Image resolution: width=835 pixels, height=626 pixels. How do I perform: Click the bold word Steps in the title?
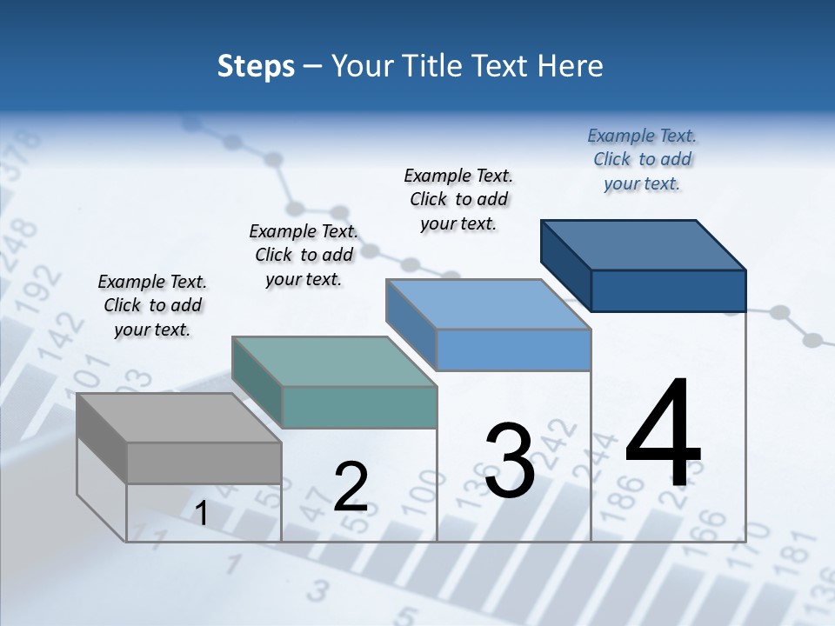point(256,66)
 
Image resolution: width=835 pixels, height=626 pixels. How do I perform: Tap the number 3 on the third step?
point(510,461)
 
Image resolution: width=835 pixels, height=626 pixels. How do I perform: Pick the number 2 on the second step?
point(351,487)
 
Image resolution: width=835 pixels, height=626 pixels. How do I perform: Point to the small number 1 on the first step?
point(201,514)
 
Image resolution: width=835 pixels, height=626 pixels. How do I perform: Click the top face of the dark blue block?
point(644,245)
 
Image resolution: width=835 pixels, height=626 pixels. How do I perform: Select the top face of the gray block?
point(178,418)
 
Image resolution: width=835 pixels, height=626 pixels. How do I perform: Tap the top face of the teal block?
point(334,362)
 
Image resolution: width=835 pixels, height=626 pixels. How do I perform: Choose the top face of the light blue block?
point(489,304)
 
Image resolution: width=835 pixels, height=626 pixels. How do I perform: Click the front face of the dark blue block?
point(668,290)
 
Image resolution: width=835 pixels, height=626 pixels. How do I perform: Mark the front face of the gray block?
point(204,463)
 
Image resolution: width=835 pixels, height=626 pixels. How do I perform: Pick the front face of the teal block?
point(359,407)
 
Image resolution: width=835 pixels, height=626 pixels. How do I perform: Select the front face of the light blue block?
point(513,350)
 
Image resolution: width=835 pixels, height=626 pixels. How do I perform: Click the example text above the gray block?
point(152,305)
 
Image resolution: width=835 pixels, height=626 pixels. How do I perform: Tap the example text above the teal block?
point(304,255)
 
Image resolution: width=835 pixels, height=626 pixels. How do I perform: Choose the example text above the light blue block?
point(458,199)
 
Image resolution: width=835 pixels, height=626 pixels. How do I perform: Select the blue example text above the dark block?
point(642,159)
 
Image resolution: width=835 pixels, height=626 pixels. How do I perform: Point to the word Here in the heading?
point(571,66)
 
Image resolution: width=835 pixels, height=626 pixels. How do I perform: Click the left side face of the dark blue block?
point(565,265)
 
